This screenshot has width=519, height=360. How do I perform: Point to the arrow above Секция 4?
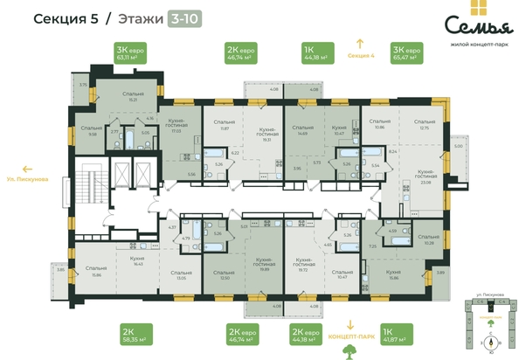(x=358, y=41)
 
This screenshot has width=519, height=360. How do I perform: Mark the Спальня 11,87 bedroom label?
(x=225, y=125)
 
